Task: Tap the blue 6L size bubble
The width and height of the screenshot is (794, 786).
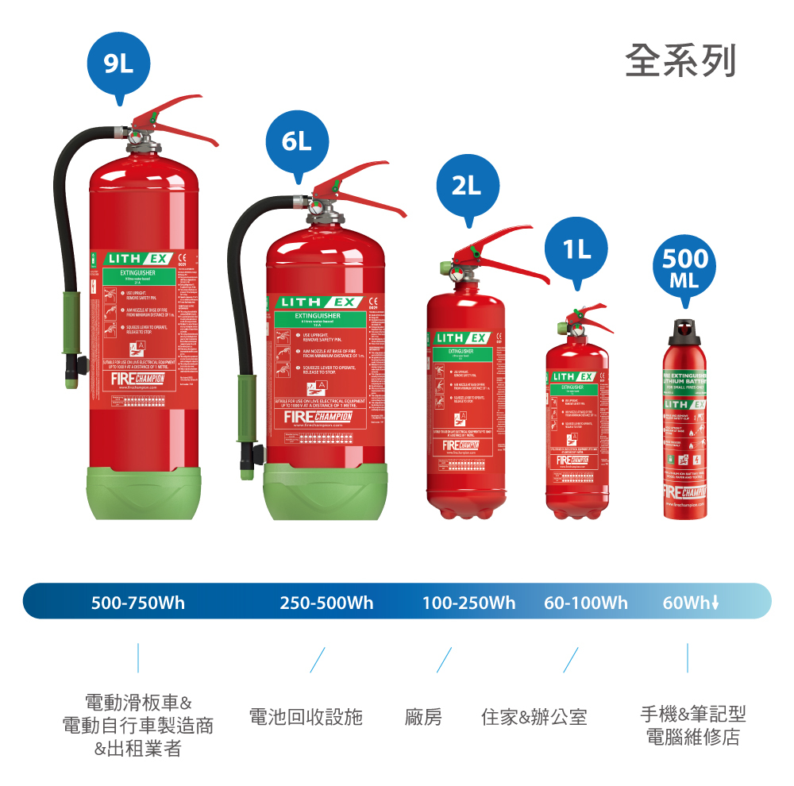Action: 296,141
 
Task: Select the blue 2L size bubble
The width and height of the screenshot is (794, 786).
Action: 467,186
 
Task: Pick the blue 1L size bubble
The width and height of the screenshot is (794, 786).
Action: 576,249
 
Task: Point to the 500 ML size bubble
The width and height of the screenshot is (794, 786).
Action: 684,268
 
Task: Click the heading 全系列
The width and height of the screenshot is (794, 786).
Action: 680,62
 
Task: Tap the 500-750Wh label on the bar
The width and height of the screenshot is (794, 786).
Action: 138,603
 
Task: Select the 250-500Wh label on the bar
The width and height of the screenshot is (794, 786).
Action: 326,603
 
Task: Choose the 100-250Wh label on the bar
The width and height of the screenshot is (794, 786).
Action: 468,603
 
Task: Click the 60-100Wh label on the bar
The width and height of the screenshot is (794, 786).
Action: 586,603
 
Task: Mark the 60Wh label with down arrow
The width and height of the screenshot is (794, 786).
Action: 691,603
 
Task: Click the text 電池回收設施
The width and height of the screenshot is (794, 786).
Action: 306,717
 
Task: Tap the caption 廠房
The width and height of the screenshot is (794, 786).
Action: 423,717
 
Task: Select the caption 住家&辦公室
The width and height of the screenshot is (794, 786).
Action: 534,717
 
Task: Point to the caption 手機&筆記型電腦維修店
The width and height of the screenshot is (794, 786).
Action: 692,725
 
